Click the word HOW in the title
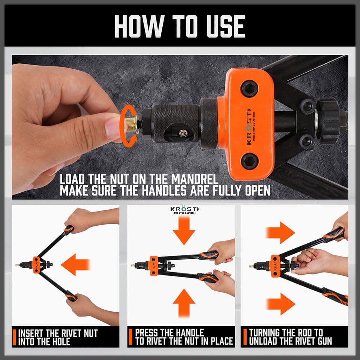pyautogui.click(x=139, y=26)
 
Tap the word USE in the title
pyautogui.click(x=226, y=26)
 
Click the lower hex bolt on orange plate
pyautogui.click(x=249, y=161)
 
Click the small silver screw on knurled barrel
pyautogui.click(x=183, y=133)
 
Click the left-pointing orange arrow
pyautogui.click(x=75, y=264)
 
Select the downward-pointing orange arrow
pyautogui.click(x=184, y=230)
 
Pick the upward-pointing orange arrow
pyautogui.click(x=184, y=303)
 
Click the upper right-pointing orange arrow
pyautogui.click(x=280, y=232)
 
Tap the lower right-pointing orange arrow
pyautogui.click(x=280, y=304)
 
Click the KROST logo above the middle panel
pyautogui.click(x=184, y=210)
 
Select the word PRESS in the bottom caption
pyautogui.click(x=147, y=333)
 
